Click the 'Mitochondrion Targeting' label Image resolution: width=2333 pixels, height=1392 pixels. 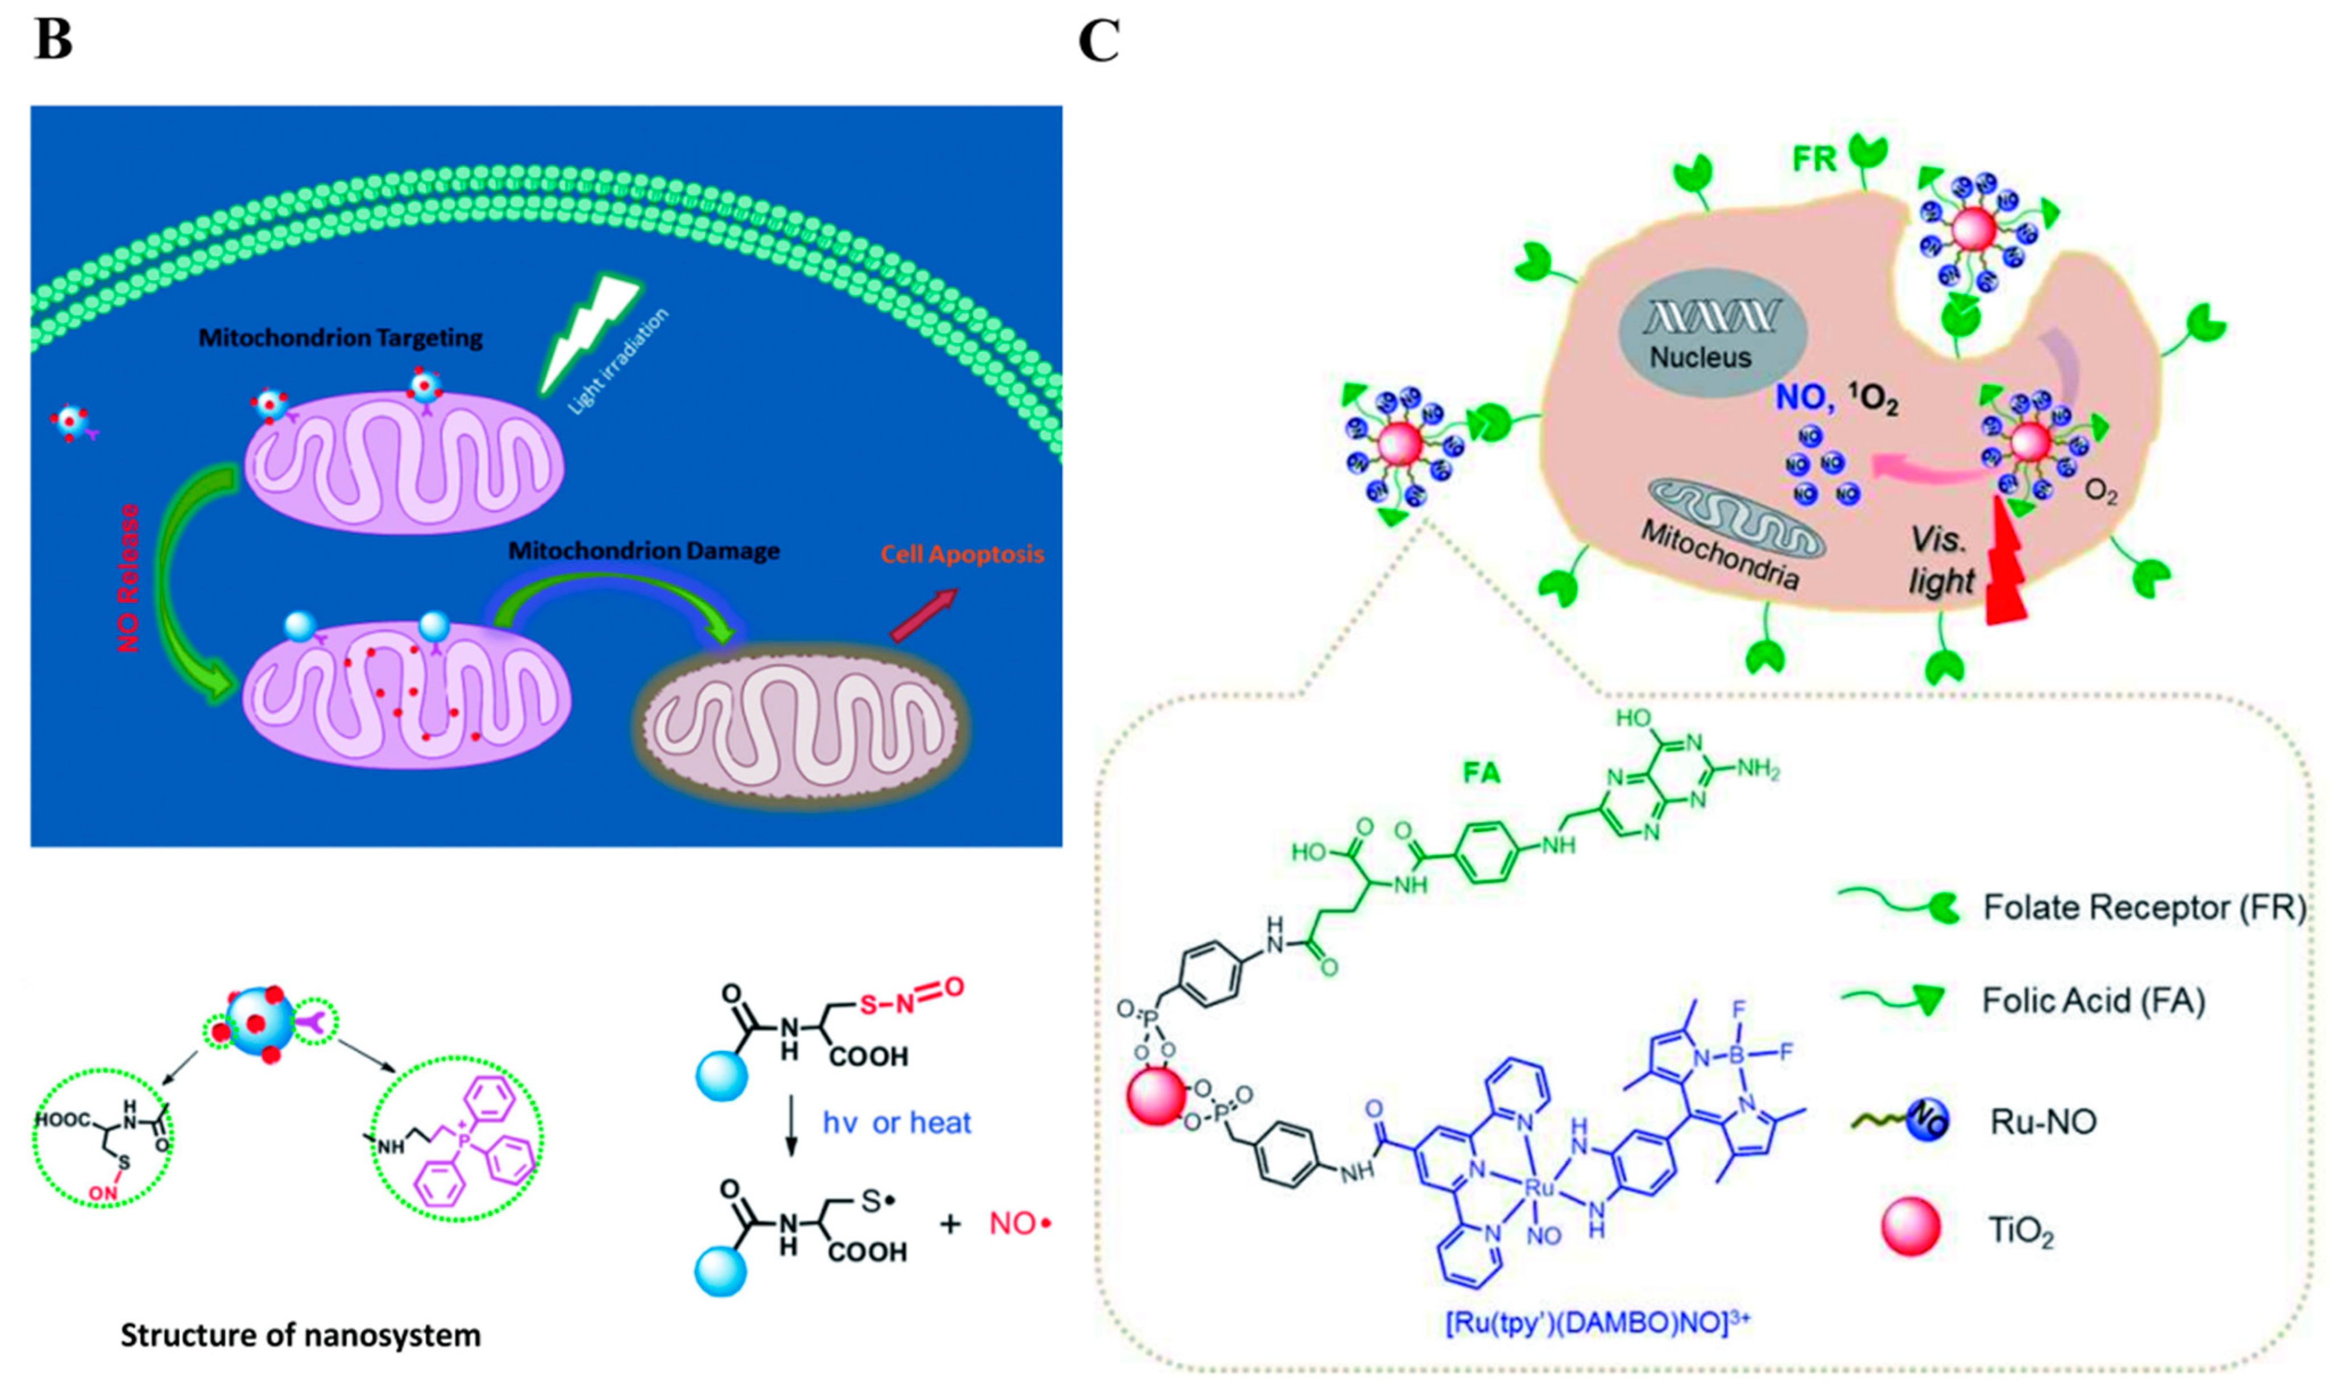(x=341, y=338)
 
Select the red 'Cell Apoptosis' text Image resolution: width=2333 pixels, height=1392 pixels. (x=962, y=554)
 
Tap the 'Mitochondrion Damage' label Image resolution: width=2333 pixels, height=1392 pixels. (x=644, y=551)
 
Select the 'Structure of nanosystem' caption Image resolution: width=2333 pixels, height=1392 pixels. (x=300, y=1335)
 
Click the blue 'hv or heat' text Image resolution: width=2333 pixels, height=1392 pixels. (x=896, y=1123)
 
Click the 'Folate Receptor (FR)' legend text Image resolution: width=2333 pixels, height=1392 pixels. (x=2144, y=907)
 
